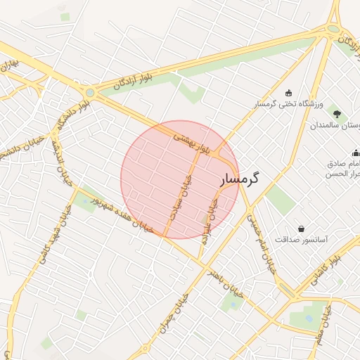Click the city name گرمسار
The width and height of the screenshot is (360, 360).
pos(240,179)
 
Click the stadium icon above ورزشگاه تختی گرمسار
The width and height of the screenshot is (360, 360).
pos(288,94)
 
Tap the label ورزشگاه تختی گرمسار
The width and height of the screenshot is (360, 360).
pos(288,104)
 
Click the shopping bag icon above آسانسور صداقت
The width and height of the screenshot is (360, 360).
pos(302,229)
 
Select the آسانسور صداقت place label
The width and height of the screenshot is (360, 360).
pos(301,240)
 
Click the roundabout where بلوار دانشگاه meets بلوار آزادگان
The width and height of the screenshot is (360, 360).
pos(89,92)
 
